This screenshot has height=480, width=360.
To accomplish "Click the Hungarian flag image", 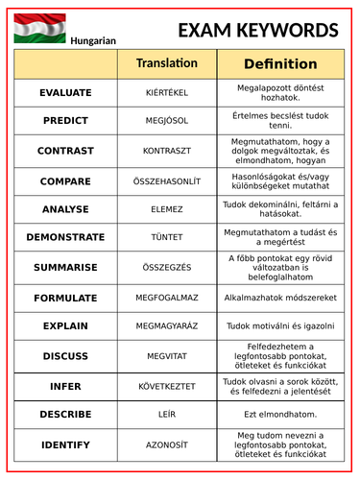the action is pyautogui.click(x=39, y=30).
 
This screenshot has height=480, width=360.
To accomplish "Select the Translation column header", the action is pyautogui.click(x=167, y=63).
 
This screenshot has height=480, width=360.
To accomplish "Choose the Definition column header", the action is pyautogui.click(x=280, y=64).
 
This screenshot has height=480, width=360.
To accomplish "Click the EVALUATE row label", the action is pyautogui.click(x=65, y=93).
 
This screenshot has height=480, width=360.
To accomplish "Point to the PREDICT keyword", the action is pyautogui.click(x=65, y=121).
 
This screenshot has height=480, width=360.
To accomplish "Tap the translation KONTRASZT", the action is pyautogui.click(x=167, y=151).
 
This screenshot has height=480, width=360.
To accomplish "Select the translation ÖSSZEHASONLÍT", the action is pyautogui.click(x=167, y=180).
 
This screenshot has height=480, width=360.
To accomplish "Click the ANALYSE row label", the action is pyautogui.click(x=65, y=209).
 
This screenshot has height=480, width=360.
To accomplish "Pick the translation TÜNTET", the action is pyautogui.click(x=167, y=237).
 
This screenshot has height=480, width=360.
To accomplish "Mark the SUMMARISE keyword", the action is pyautogui.click(x=65, y=267).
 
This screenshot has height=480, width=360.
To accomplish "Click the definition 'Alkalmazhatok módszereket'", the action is pyautogui.click(x=280, y=299).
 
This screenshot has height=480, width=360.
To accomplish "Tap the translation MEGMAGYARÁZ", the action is pyautogui.click(x=167, y=326).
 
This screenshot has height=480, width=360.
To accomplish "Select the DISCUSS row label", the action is pyautogui.click(x=65, y=356).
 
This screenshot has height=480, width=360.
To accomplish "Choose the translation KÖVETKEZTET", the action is pyautogui.click(x=167, y=386).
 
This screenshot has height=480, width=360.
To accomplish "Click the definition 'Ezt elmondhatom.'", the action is pyautogui.click(x=280, y=414).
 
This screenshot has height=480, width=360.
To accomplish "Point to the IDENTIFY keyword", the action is pyautogui.click(x=65, y=444).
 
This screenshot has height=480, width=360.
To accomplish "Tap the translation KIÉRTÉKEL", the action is pyautogui.click(x=167, y=93).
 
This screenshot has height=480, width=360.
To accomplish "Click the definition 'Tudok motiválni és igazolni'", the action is pyautogui.click(x=280, y=326).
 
